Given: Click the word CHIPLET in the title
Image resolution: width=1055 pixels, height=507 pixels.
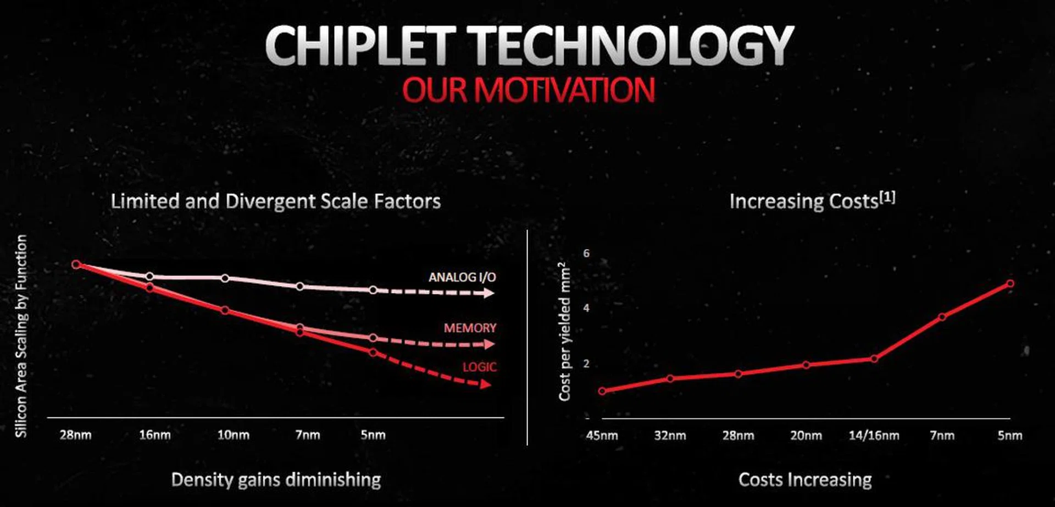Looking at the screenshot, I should [x=360, y=46].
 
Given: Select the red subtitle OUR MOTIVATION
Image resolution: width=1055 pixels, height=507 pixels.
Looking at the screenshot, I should [x=528, y=90].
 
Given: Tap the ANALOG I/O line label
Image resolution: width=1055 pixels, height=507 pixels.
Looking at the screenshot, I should [x=462, y=277].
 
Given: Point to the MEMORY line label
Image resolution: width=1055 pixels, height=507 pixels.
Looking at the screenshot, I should [x=470, y=328].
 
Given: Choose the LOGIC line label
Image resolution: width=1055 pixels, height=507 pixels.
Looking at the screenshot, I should [x=479, y=367].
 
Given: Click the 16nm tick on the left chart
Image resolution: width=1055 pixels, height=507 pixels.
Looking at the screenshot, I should [x=154, y=435].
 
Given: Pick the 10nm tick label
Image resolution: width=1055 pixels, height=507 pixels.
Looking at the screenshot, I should [x=233, y=435].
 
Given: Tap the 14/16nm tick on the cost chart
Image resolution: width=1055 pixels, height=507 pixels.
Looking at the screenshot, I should [x=874, y=436].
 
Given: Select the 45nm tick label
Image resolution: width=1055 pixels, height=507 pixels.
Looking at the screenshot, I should [x=602, y=436].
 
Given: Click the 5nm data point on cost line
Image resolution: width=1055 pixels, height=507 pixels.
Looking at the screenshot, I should [x=1010, y=284].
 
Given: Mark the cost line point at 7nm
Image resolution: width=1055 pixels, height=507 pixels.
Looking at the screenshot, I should [x=942, y=317].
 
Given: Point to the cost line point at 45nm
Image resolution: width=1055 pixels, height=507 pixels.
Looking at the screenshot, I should [x=602, y=391].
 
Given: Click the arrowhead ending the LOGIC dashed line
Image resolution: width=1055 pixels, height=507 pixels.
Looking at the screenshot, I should [x=485, y=384].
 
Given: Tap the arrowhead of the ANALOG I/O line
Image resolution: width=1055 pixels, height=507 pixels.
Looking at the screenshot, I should [x=488, y=294].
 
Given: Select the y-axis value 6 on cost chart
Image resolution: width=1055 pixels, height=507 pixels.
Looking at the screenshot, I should [x=586, y=253].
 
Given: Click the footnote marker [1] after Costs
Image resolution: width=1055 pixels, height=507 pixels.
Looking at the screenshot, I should [x=887, y=197].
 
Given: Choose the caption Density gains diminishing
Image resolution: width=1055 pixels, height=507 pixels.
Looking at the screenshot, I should [x=276, y=480].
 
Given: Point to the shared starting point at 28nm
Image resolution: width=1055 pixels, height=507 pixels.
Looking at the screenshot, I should [x=76, y=264].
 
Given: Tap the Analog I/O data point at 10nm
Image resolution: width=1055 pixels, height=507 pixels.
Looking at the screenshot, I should [x=225, y=278].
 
